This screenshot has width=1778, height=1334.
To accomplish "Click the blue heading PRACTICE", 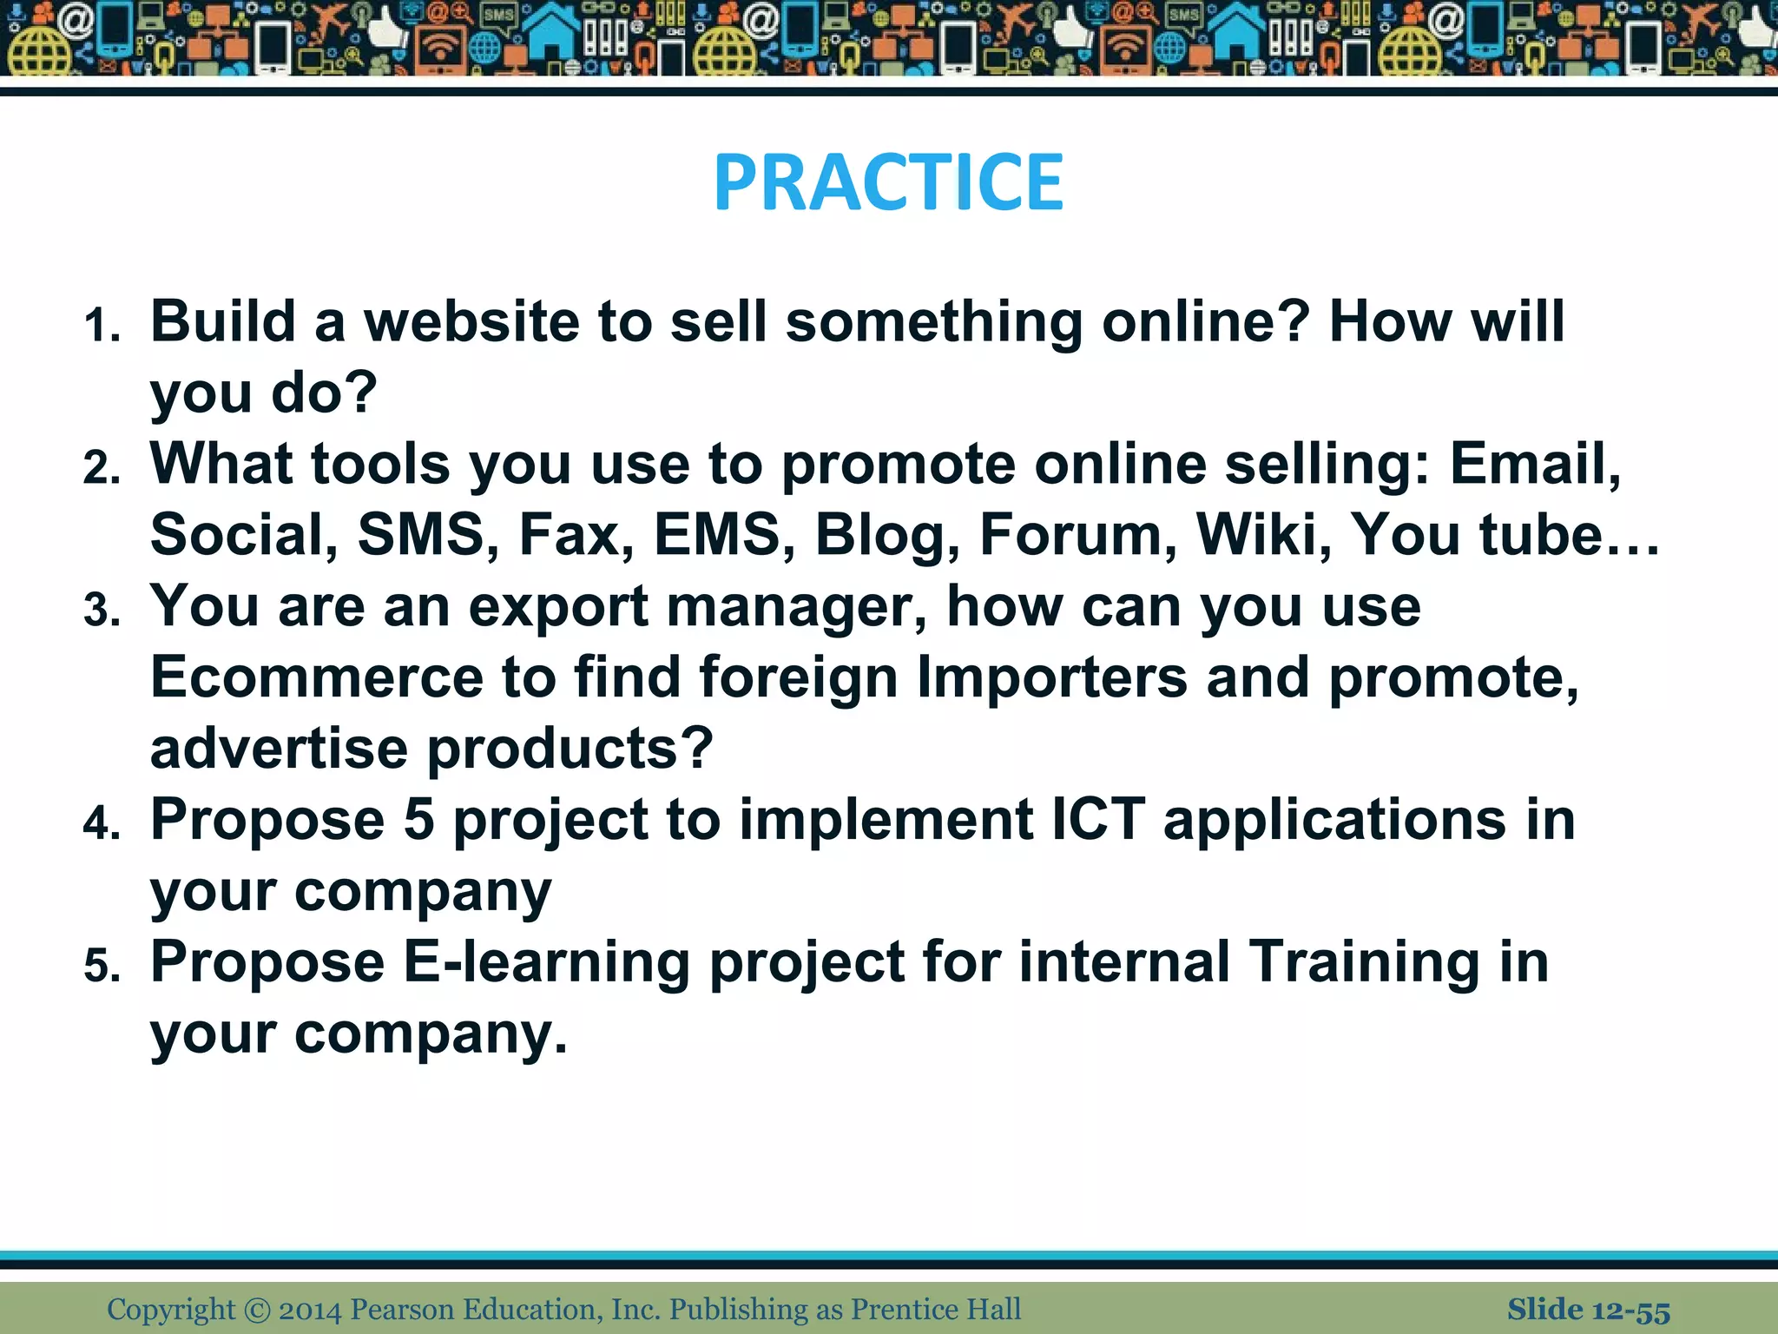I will click(888, 182).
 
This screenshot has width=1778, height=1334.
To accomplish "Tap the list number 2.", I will click(102, 468).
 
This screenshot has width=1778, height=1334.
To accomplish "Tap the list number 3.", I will click(102, 611).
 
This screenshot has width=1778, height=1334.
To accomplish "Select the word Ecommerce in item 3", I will click(317, 677).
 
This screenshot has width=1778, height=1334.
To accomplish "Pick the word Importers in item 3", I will click(1052, 677).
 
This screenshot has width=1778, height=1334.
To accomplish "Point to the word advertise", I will click(279, 749).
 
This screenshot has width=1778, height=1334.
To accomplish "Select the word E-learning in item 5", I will click(546, 963).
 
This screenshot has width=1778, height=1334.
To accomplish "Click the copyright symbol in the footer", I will click(257, 1310).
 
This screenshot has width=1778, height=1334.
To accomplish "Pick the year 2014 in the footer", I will click(310, 1310).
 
